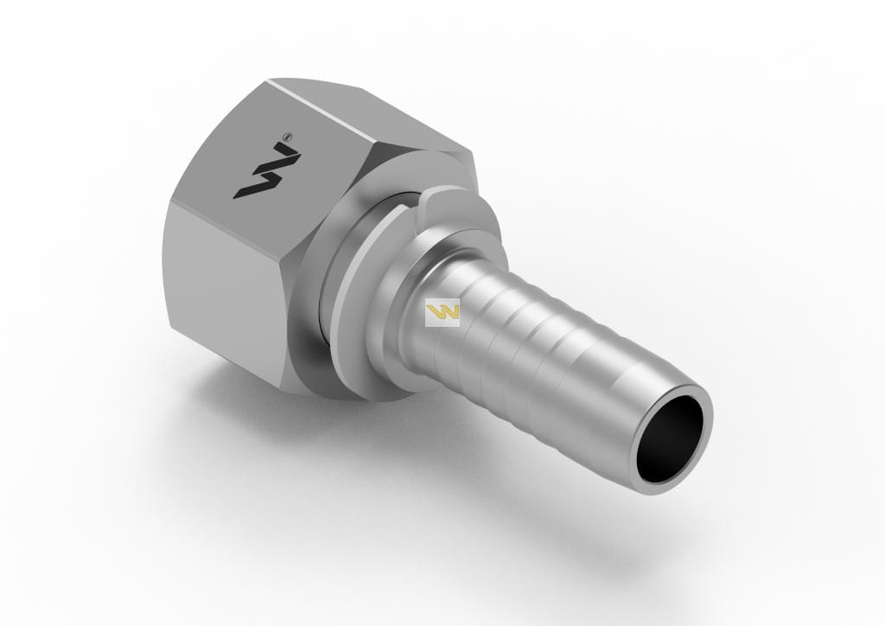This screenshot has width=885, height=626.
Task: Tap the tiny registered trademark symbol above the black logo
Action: coord(288,137)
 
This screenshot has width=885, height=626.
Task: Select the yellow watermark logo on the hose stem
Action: coord(442,312)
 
